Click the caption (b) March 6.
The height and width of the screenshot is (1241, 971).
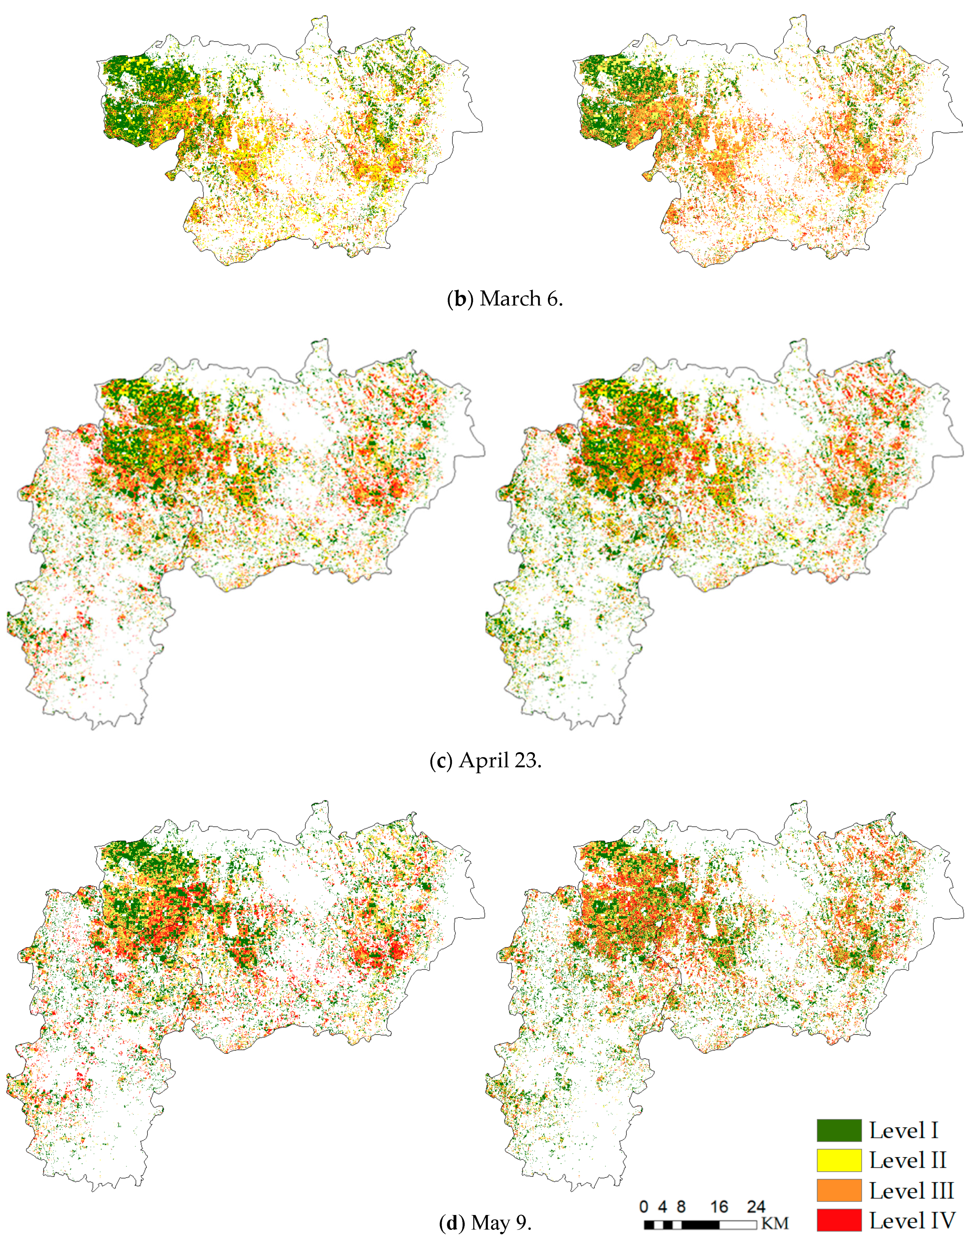click(505, 298)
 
